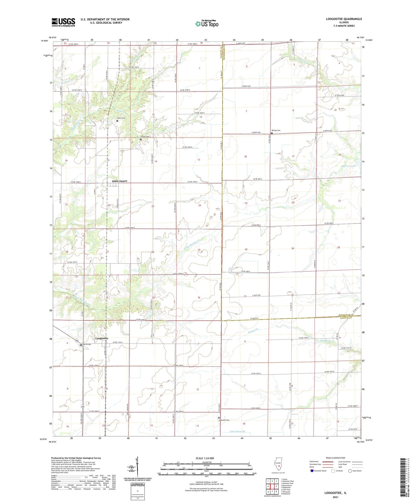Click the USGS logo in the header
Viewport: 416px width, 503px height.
click(x=63, y=22)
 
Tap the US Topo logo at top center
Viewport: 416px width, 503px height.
click(x=207, y=24)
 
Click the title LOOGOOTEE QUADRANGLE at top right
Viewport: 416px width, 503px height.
click(x=344, y=19)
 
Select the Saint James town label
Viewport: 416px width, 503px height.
click(x=120, y=181)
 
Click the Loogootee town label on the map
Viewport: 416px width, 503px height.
click(x=102, y=338)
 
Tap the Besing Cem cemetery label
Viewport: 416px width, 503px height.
click(x=276, y=130)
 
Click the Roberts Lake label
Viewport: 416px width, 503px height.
click(x=349, y=166)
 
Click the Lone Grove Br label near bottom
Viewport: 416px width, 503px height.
click(x=238, y=431)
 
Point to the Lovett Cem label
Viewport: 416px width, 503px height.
click(x=145, y=137)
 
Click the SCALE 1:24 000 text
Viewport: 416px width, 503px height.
click(x=206, y=458)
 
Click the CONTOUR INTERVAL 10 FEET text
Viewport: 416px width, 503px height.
click(x=206, y=482)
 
